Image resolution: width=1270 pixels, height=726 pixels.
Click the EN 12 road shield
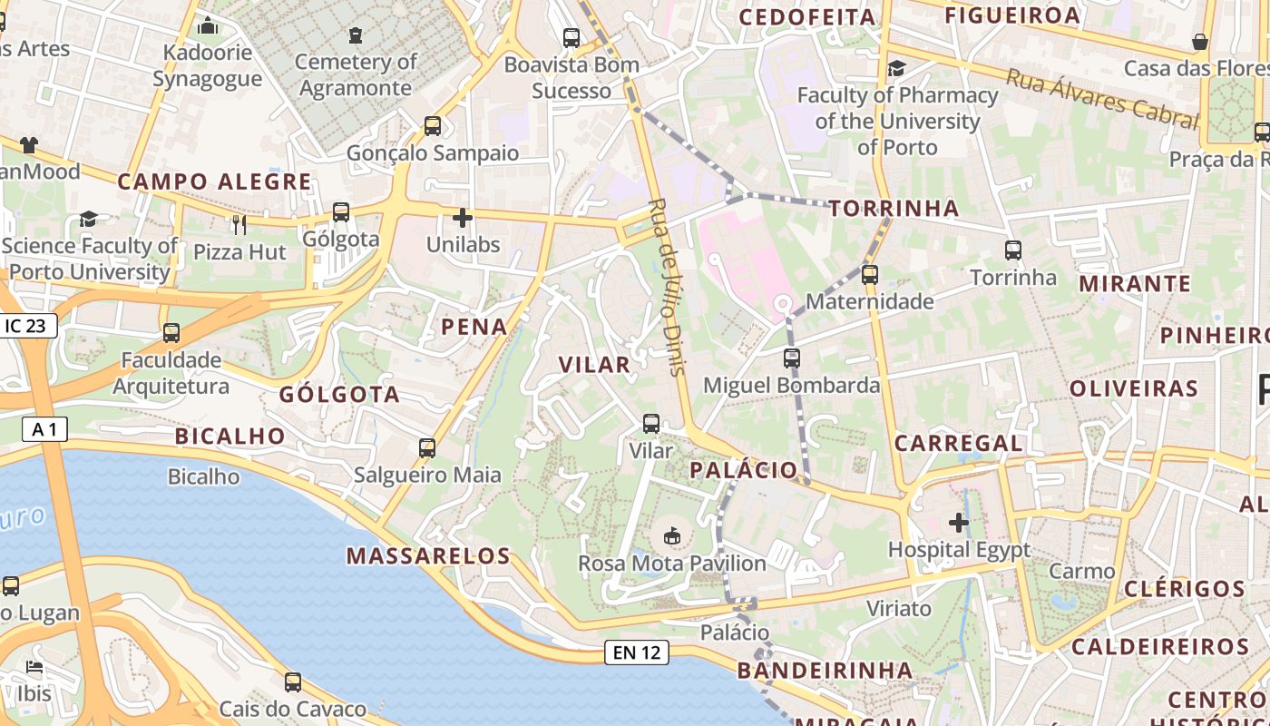coord(637,652)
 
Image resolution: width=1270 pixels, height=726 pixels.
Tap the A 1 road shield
coord(44,430)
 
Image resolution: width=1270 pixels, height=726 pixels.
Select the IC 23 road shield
coord(29,326)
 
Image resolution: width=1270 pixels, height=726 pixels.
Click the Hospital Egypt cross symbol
coord(959,523)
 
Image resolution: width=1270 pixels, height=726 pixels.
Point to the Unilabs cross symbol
coord(463,218)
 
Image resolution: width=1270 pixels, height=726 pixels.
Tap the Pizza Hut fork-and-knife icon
coord(239,224)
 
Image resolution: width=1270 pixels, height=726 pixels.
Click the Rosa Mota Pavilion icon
coord(672,536)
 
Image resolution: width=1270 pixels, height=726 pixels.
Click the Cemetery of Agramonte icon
coord(355,35)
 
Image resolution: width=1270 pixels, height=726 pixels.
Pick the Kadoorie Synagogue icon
coord(208,25)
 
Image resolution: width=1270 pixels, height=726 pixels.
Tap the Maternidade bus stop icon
coord(870,274)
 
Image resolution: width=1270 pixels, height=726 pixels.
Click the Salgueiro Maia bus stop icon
coord(427,447)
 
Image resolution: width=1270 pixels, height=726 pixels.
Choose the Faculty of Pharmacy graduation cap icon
coord(896,69)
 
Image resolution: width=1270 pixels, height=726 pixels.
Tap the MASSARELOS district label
coord(428,555)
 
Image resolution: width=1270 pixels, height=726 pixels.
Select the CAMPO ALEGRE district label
coord(214,181)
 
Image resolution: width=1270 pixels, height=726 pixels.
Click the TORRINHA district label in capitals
coord(894,209)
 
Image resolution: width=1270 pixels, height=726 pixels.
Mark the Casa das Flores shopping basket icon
coord(1200,42)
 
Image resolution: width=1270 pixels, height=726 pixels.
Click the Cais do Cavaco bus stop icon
coord(292,682)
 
